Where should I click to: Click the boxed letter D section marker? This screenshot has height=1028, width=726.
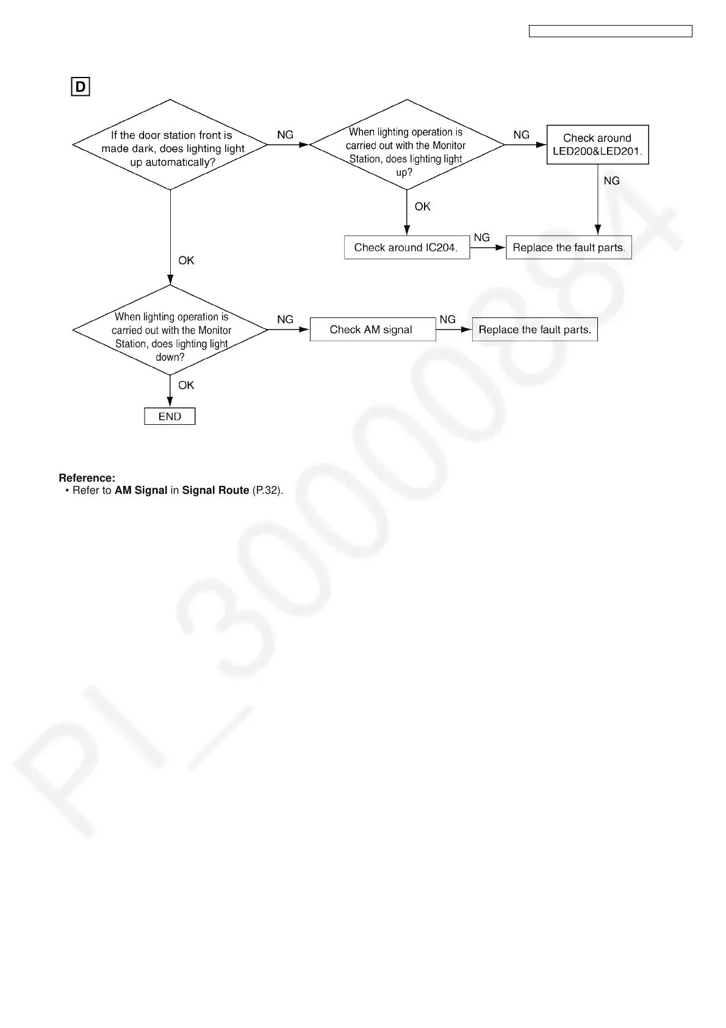click(81, 87)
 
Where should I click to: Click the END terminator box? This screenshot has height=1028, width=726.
click(170, 416)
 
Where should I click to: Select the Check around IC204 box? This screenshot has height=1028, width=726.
click(406, 247)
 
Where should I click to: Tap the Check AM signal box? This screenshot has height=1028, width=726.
click(372, 330)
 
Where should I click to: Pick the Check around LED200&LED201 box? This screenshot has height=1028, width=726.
click(597, 145)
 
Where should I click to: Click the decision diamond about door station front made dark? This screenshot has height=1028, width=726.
click(170, 145)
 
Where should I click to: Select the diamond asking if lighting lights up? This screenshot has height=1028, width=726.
click(406, 145)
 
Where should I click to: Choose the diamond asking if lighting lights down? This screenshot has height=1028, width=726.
click(170, 330)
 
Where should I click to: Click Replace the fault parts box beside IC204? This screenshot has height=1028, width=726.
click(569, 247)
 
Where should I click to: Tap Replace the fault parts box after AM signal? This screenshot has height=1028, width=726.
click(534, 330)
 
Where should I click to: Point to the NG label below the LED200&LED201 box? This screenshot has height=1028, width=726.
click(611, 181)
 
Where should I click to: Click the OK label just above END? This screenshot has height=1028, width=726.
click(186, 385)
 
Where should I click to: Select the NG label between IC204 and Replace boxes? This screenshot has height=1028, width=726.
click(481, 237)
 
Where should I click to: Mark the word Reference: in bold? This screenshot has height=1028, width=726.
click(87, 478)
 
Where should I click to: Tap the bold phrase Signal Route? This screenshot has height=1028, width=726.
click(215, 490)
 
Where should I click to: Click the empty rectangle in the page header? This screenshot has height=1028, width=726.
click(610, 31)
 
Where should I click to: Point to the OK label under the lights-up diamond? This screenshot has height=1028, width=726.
click(422, 206)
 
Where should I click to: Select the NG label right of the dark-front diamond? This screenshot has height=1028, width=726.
click(285, 135)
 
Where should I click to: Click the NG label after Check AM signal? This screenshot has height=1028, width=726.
click(447, 319)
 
